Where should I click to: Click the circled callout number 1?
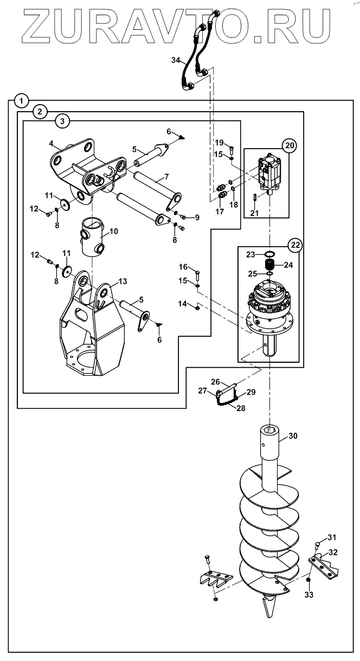pyautogui.click(x=21, y=101)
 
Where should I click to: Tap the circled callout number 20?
pyautogui.click(x=290, y=145)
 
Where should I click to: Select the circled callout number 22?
pyautogui.click(x=295, y=245)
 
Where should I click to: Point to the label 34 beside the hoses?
pyautogui.click(x=176, y=60)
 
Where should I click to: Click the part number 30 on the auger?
pyautogui.click(x=293, y=435)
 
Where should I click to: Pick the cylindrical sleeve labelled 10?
pyautogui.click(x=93, y=237)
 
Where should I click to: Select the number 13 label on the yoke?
pyautogui.click(x=123, y=281)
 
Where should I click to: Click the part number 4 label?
pyautogui.click(x=52, y=144)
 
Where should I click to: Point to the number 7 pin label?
pyautogui.click(x=166, y=177)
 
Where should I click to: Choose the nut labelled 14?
pyautogui.click(x=198, y=308)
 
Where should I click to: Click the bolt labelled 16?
pyautogui.click(x=198, y=277)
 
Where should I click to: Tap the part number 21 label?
pyautogui.click(x=254, y=213)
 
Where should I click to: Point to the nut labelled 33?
pyautogui.click(x=308, y=580)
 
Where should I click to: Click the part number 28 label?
pyautogui.click(x=241, y=408)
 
